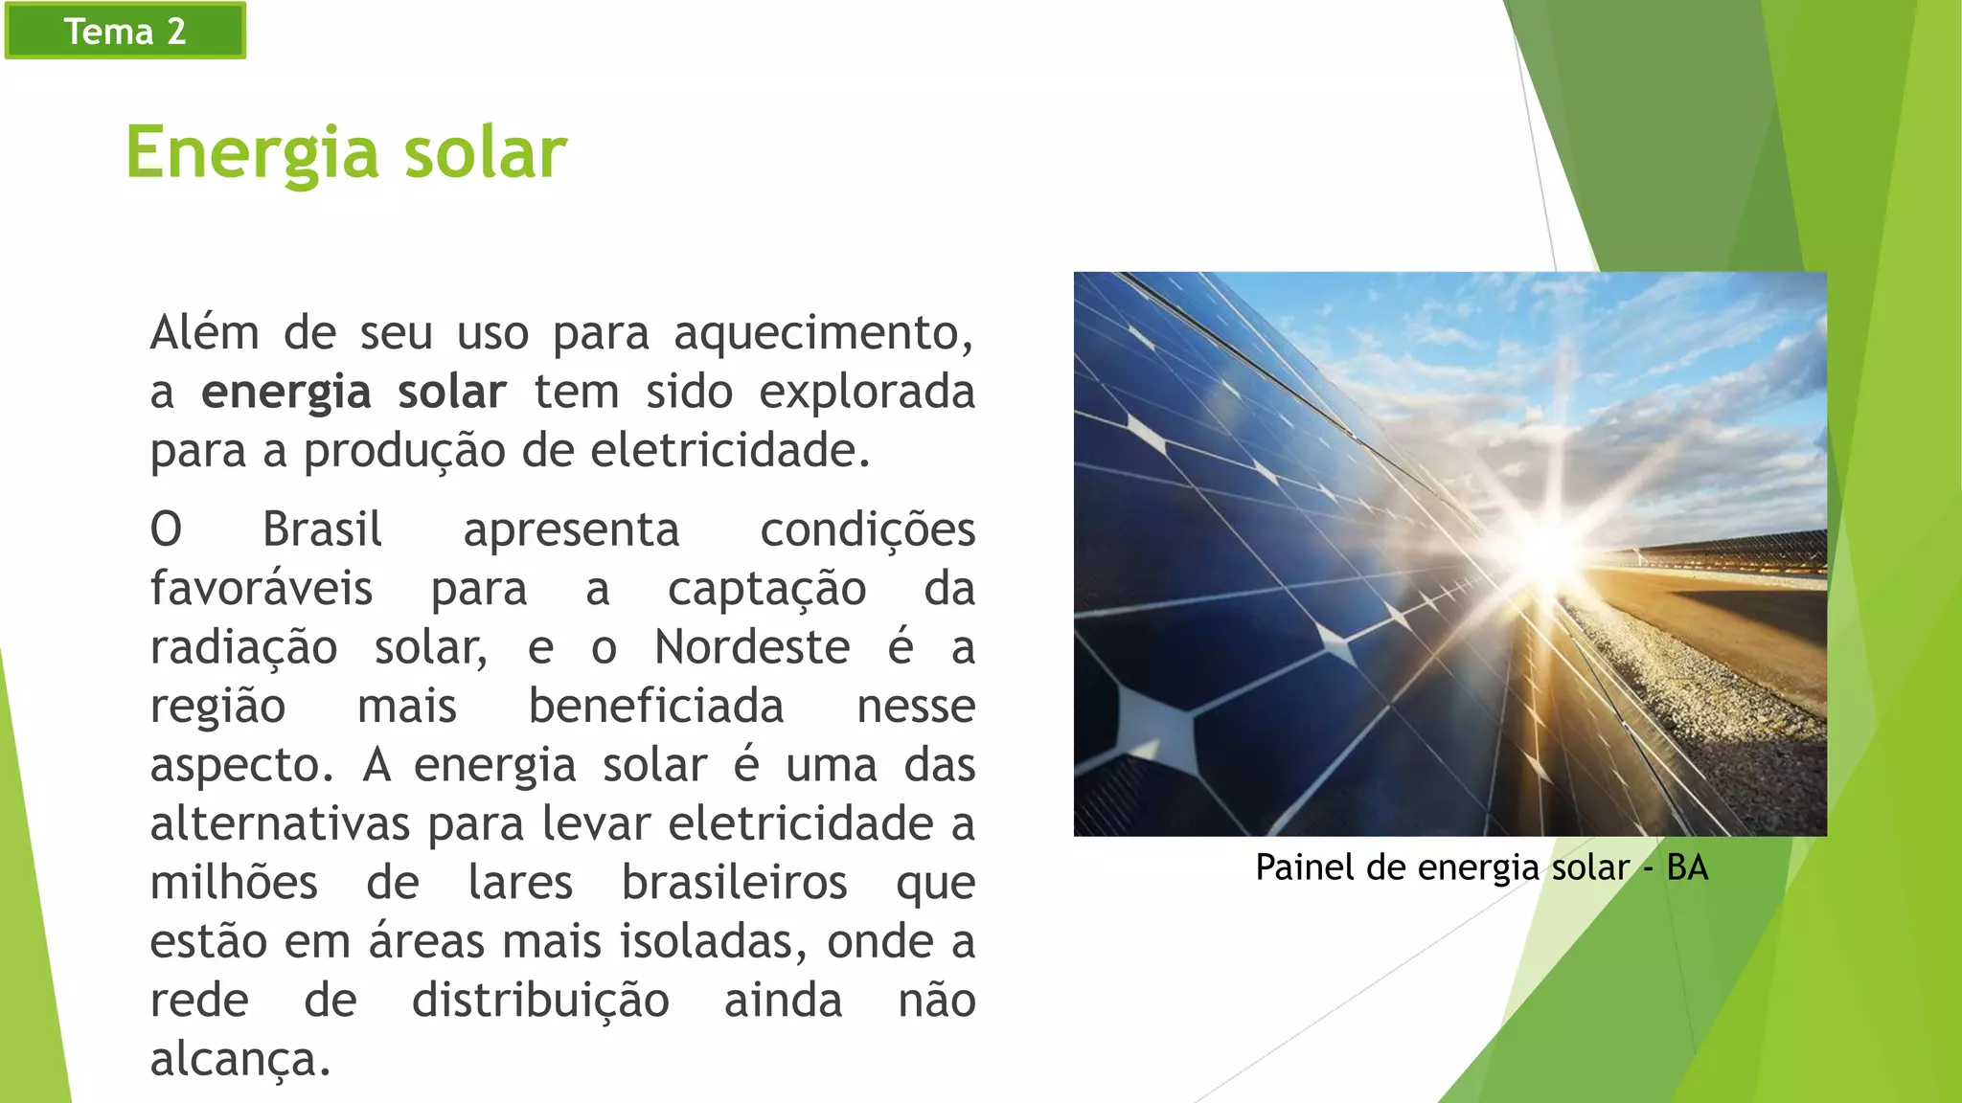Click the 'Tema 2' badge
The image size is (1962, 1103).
click(x=125, y=31)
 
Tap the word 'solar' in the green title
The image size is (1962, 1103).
click(x=485, y=153)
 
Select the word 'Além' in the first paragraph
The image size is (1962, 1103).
click(x=204, y=333)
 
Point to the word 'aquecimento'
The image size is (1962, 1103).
click(x=822, y=333)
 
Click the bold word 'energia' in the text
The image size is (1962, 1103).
click(x=285, y=393)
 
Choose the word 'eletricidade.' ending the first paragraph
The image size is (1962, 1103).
click(x=730, y=450)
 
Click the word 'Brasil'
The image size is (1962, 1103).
click(x=322, y=529)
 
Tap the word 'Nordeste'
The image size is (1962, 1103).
click(x=752, y=647)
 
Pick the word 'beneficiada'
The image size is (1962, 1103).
click(x=656, y=707)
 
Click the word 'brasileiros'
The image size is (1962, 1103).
click(x=734, y=883)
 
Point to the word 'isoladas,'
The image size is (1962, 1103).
click(x=712, y=942)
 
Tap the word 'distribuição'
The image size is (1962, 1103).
click(x=540, y=1001)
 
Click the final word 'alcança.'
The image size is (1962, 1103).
click(x=240, y=1060)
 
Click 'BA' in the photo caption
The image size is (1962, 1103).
click(x=1687, y=867)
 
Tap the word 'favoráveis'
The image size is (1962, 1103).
click(x=261, y=589)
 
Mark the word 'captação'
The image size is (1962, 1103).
click(x=766, y=589)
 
